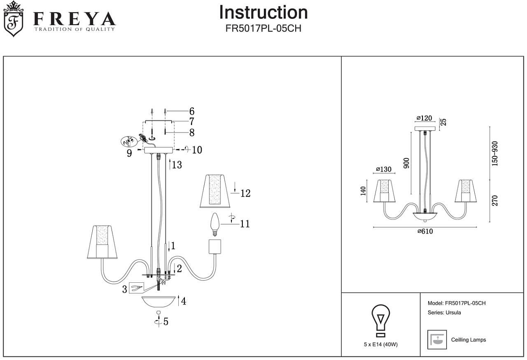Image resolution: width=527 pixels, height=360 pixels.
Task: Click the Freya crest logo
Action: [x=13, y=19]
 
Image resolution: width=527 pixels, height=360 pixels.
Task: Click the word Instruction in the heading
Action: [x=263, y=13]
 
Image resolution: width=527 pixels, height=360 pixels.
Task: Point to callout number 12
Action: [x=245, y=193]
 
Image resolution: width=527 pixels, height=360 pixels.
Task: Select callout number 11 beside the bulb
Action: [x=245, y=224]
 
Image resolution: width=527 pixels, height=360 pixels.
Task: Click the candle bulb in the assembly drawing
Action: [x=215, y=223]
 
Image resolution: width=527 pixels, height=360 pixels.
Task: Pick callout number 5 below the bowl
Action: [x=166, y=322]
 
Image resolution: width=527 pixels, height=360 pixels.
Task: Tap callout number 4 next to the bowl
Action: [x=183, y=302]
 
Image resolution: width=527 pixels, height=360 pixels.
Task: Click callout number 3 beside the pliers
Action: [x=125, y=289]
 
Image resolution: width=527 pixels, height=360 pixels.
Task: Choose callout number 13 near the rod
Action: [x=177, y=165]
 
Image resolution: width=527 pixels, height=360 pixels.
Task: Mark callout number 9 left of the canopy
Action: [x=129, y=153]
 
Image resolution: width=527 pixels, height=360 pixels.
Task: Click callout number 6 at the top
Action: [x=191, y=112]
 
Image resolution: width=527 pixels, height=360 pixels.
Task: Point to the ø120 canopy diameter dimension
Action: [x=424, y=118]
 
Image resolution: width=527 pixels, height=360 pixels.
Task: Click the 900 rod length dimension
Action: [x=407, y=164]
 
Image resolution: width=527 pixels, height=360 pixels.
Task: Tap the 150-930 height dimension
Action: [x=495, y=153]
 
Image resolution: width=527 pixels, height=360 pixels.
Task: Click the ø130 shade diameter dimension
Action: [x=383, y=169]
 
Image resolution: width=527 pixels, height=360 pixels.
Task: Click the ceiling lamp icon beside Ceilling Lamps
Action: [x=437, y=339]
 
